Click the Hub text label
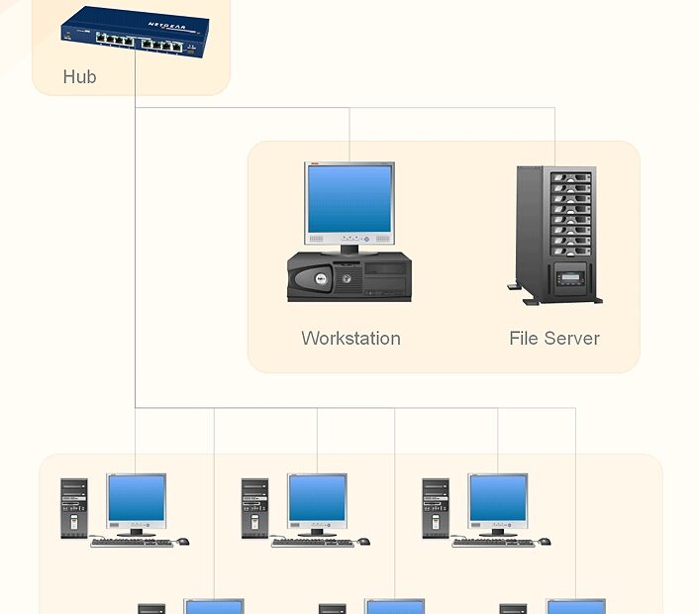click(79, 76)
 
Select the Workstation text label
click(350, 338)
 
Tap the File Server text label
click(553, 338)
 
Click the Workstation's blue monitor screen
click(349, 198)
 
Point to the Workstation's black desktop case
click(349, 276)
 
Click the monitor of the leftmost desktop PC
click(137, 499)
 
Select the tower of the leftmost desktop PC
click(74, 508)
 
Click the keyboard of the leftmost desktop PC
click(131, 543)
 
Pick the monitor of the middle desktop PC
click(317, 499)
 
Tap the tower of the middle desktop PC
click(254, 508)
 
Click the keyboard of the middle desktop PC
click(312, 543)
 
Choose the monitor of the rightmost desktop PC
click(498, 499)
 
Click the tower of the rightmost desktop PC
click(436, 508)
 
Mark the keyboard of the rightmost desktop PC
click(493, 543)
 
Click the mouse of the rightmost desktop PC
click(545, 542)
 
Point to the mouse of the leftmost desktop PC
click(182, 542)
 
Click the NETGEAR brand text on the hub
click(165, 26)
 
